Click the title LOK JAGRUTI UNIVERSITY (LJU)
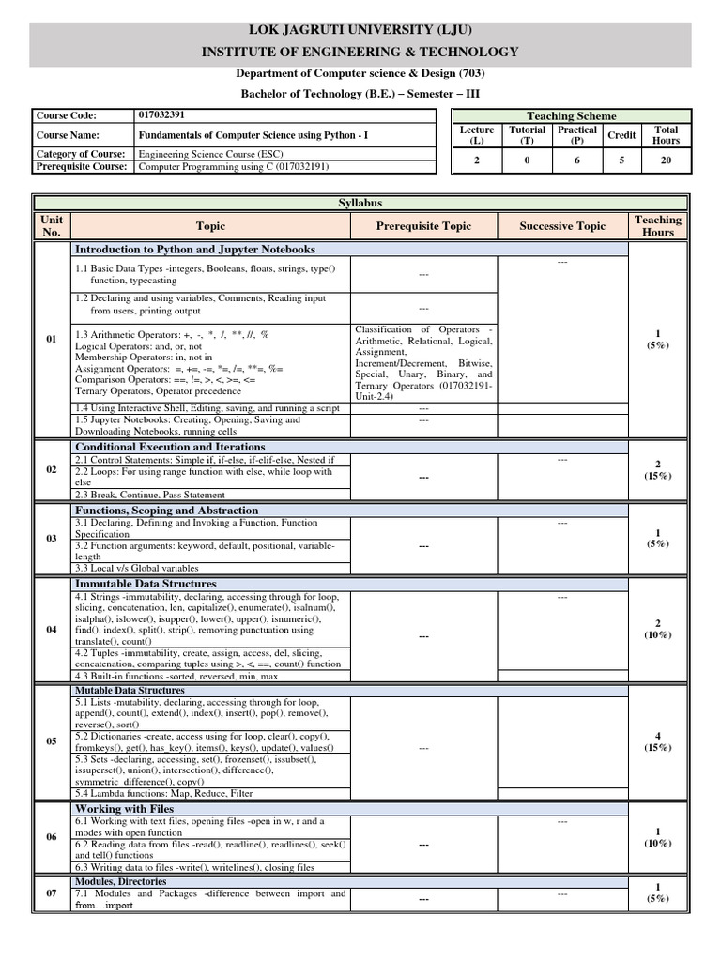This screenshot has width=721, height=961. pos(360,29)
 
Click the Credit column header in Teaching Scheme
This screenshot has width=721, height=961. pos(621,135)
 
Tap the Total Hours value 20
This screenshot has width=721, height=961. pos(666,160)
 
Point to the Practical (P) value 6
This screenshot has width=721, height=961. pos(576,160)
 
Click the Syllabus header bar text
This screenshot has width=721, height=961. pos(360,202)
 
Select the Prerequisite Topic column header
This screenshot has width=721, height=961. pos(423,226)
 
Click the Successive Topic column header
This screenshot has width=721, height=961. pos(562,226)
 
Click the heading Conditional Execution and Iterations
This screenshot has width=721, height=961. pos(170,447)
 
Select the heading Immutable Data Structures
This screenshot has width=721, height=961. pos(146,584)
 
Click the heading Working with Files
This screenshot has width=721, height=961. pos(124,808)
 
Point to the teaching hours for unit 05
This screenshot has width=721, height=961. pos(657,741)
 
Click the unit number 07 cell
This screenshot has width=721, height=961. pos(53,893)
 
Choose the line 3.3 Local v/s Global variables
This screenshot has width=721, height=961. pos(137,568)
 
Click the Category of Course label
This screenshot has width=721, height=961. pos(81,153)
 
